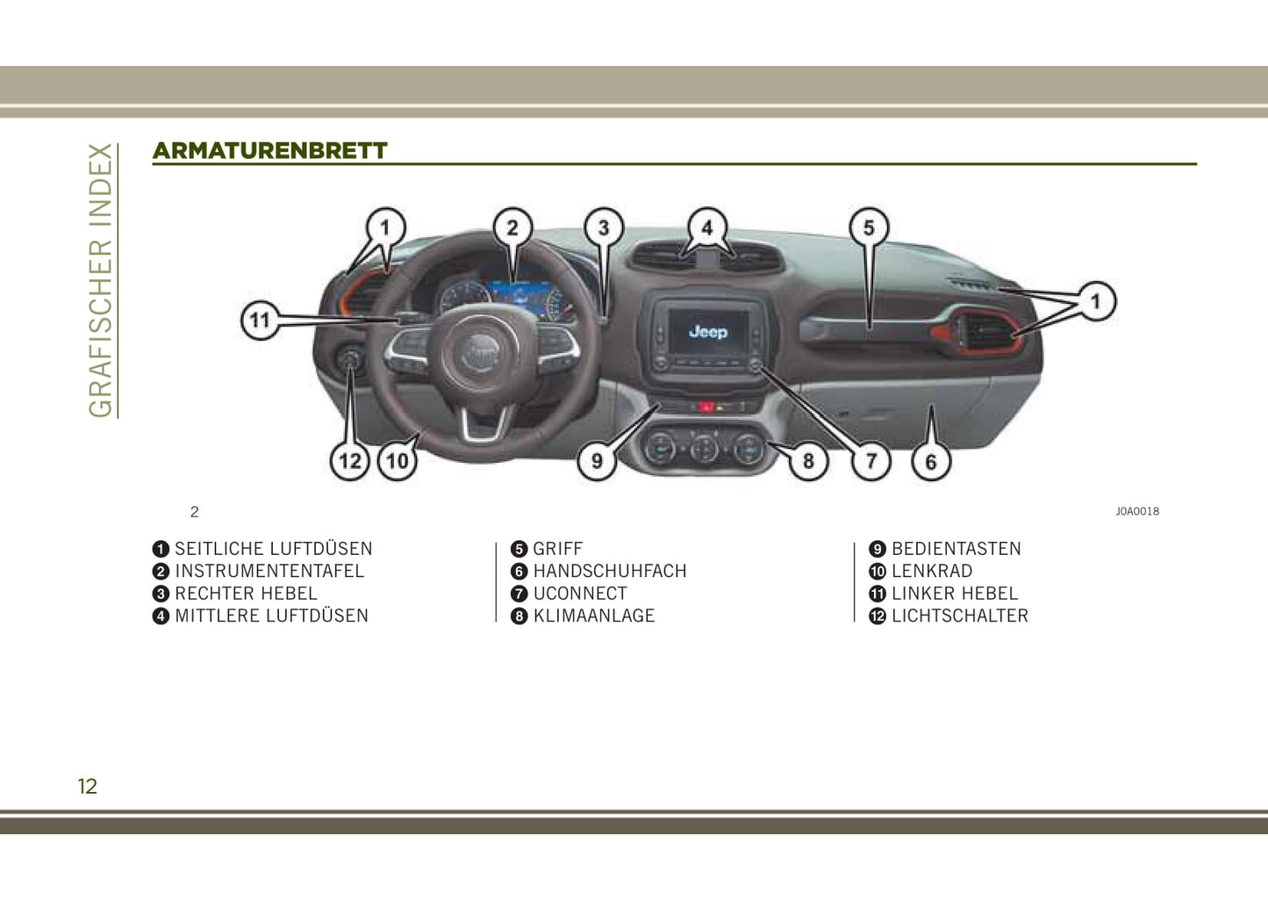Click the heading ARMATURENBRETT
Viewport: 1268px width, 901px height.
click(270, 151)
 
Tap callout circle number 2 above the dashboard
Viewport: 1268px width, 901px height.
click(512, 227)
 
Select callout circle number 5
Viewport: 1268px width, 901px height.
click(870, 227)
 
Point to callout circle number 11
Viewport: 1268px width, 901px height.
click(261, 321)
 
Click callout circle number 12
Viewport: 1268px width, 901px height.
click(350, 461)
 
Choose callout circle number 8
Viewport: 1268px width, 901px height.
click(808, 461)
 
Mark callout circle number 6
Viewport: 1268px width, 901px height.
click(931, 462)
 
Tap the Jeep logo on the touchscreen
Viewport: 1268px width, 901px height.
click(708, 331)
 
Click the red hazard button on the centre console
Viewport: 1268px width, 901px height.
click(706, 407)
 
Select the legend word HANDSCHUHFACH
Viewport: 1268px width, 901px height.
click(610, 571)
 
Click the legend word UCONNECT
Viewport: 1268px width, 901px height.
click(580, 594)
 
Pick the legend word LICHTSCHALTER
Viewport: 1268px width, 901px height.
click(959, 616)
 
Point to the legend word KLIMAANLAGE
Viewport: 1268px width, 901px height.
click(594, 616)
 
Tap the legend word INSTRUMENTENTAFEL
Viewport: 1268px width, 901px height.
click(269, 571)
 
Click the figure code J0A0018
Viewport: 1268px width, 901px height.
click(1137, 511)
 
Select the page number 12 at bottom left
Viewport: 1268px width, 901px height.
click(87, 786)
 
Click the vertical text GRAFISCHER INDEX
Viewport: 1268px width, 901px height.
click(101, 280)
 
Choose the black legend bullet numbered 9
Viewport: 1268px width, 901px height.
click(877, 549)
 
